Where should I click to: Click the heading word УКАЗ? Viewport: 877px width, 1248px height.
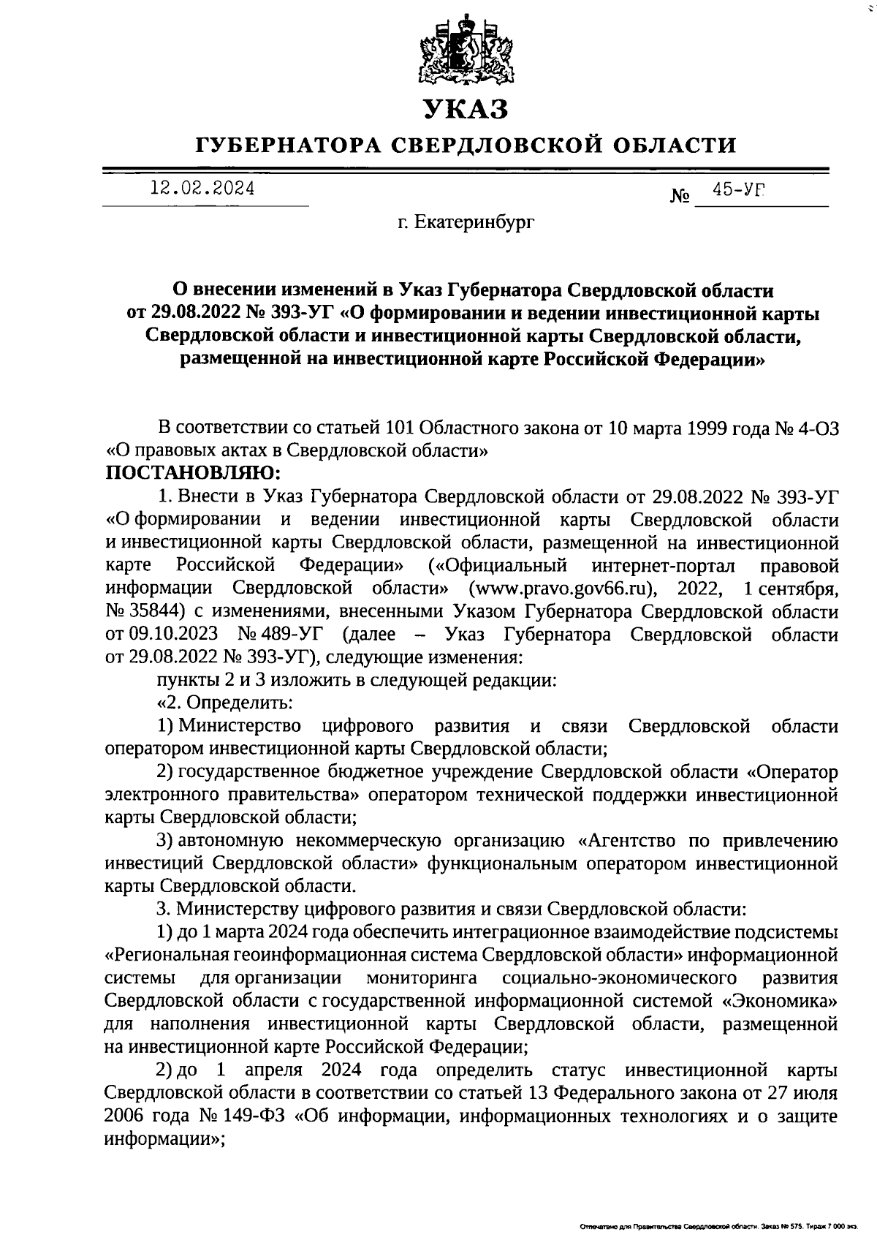(x=466, y=110)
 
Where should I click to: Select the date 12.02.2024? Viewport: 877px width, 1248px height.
(x=202, y=189)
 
